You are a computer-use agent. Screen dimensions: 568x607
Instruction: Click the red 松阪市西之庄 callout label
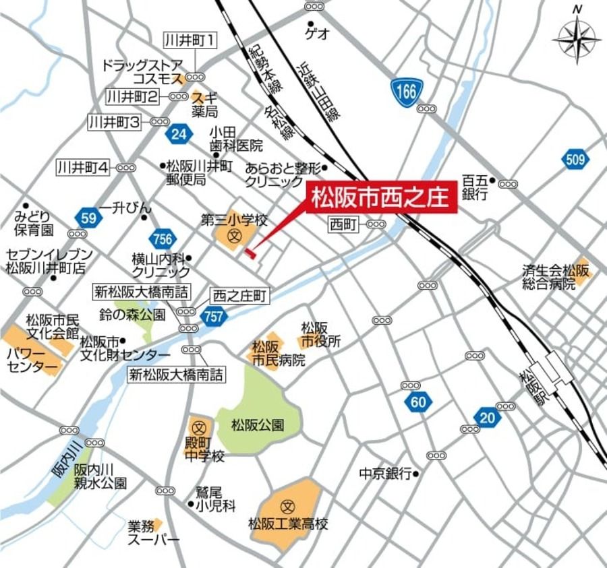tap(382, 198)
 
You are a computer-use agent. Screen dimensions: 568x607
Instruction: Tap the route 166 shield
tap(407, 91)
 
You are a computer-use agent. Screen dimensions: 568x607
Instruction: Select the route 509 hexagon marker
tap(574, 160)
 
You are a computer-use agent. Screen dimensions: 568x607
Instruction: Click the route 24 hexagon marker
tap(178, 134)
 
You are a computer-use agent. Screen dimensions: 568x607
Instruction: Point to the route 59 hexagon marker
tap(89, 217)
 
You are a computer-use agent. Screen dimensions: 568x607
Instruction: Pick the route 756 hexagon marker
tap(163, 239)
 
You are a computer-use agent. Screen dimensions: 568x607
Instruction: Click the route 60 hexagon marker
tap(418, 403)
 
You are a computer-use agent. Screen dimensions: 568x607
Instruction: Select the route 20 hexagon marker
tap(486, 417)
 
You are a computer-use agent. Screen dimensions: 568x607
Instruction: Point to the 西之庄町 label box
tap(240, 295)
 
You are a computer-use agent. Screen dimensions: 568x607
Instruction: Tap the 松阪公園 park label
tap(257, 426)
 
